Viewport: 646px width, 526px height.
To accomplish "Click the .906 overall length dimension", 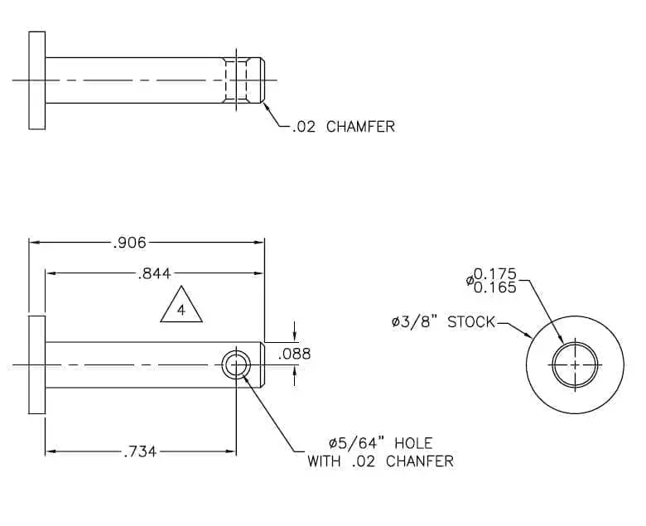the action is pos(129,243).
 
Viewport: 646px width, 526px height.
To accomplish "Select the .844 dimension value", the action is pos(154,273).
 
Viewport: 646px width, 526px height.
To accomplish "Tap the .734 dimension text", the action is pos(140,452).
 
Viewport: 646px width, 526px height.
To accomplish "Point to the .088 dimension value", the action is pos(294,354).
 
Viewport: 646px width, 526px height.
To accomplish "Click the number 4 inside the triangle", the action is pos(181,310).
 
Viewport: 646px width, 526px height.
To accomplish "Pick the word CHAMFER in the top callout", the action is pos(360,127).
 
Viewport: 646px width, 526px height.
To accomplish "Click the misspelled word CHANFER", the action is pos(420,461).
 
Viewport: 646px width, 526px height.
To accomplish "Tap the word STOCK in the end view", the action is pos(471,321).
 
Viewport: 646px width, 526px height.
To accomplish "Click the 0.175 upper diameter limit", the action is pos(495,273).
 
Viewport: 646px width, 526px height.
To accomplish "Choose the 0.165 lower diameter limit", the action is pos(495,287).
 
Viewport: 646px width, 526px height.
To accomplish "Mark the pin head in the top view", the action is pos(37,80).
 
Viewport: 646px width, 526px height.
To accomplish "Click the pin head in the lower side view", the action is pos(37,365).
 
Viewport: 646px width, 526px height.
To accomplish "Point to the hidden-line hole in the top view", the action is pos(237,80).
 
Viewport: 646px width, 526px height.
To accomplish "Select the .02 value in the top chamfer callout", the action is pos(304,127).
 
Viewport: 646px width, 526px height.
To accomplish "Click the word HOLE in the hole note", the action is pos(413,443).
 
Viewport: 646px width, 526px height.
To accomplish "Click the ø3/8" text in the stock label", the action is pos(416,321).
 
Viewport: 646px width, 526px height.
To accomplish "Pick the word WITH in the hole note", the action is pos(324,461).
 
